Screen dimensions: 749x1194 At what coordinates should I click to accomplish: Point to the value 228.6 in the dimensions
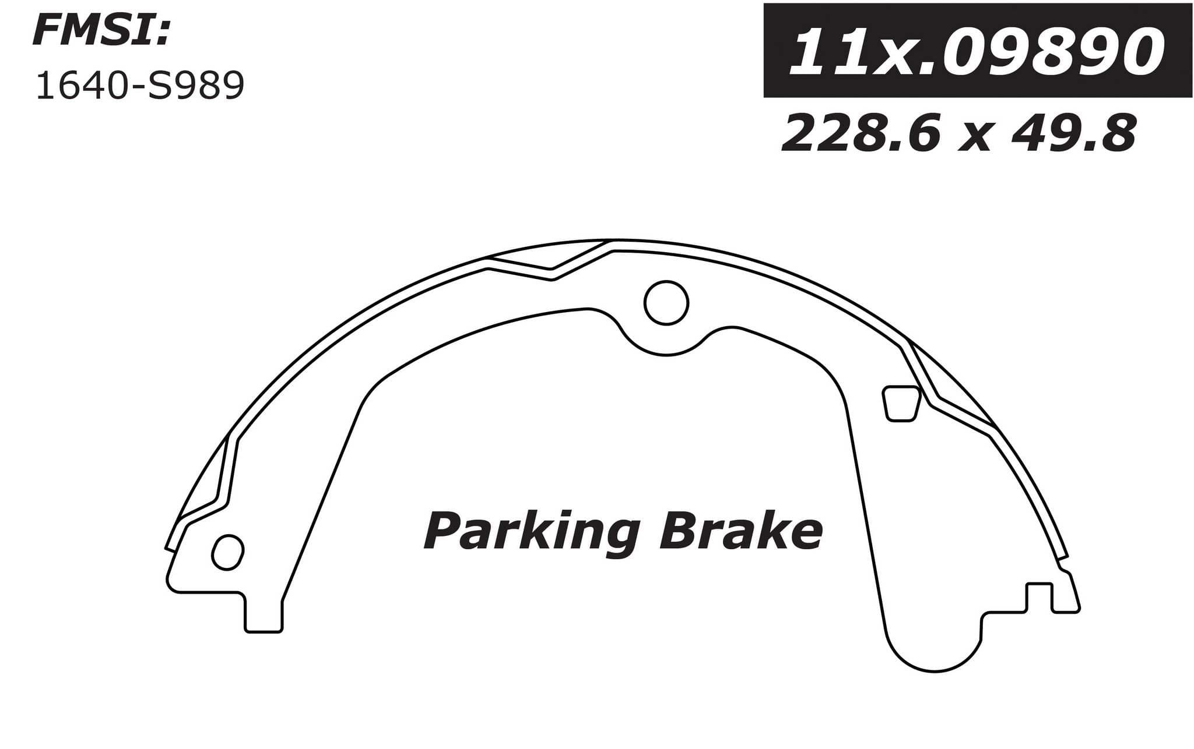pyautogui.click(x=860, y=134)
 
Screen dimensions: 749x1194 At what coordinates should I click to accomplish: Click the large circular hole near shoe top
pyautogui.click(x=666, y=302)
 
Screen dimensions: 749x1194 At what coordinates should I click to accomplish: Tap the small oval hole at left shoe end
pyautogui.click(x=227, y=552)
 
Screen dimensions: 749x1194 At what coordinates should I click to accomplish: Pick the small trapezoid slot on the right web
pyautogui.click(x=901, y=403)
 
